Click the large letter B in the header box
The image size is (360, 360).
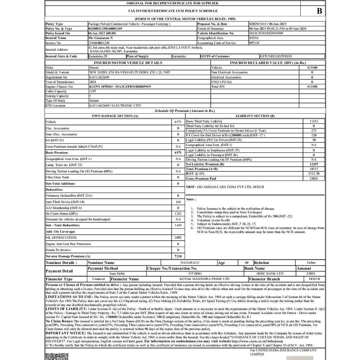pyautogui.click(x=319, y=11)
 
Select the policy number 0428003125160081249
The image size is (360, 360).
pyautogui.click(x=105, y=29)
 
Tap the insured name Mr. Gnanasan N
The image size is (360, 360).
pyautogui.click(x=101, y=38)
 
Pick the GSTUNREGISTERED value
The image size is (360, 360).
pyautogui.click(x=276, y=56)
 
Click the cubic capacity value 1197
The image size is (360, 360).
pyautogui.click(x=93, y=91)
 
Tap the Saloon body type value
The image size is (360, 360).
pyautogui.click(x=94, y=100)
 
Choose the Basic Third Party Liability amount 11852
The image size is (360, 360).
pyautogui.click(x=314, y=121)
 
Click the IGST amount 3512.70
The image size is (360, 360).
pyautogui.click(x=314, y=174)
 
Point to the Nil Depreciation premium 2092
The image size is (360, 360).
pyautogui.click(x=178, y=238)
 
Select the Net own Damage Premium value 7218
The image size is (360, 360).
pyautogui.click(x=178, y=256)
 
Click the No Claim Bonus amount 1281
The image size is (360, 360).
pyautogui.click(x=178, y=213)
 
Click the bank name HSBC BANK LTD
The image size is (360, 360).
pyautogui.click(x=270, y=273)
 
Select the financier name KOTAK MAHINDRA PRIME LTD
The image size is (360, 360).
pyautogui.click(x=204, y=279)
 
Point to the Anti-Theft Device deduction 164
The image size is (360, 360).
pyautogui.click(x=178, y=202)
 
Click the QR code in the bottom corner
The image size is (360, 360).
pyautogui.click(x=57, y=356)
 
